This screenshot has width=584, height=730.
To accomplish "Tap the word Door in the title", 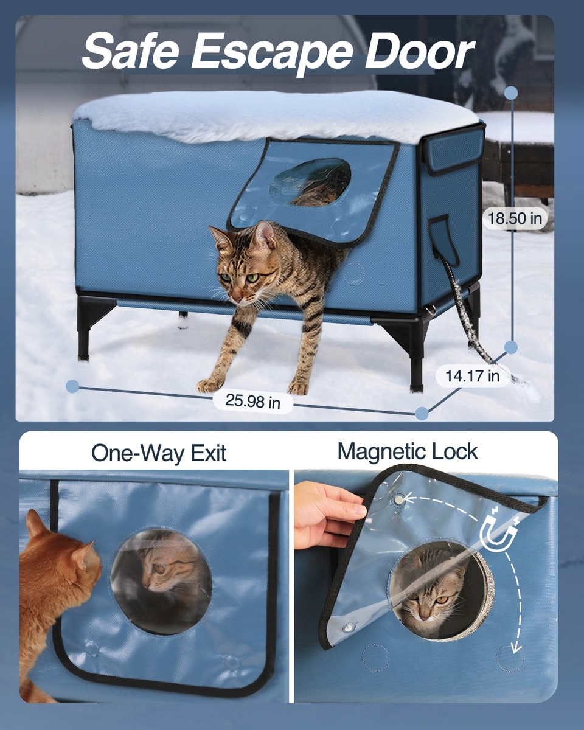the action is click(419, 52).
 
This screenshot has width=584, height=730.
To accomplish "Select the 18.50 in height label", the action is click(515, 218).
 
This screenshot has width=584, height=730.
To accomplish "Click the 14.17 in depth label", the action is click(472, 376).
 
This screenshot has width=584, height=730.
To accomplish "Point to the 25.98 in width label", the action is click(253, 401).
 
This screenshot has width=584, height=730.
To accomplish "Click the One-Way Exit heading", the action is click(159, 453).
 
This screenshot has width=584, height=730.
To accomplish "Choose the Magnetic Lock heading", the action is click(408, 451).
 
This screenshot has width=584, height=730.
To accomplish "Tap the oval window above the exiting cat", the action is click(310, 182).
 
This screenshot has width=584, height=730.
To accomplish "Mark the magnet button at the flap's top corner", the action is click(399, 499).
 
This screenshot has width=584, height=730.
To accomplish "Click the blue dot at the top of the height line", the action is click(511, 92).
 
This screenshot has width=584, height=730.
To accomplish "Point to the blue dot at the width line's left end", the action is click(72, 386).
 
